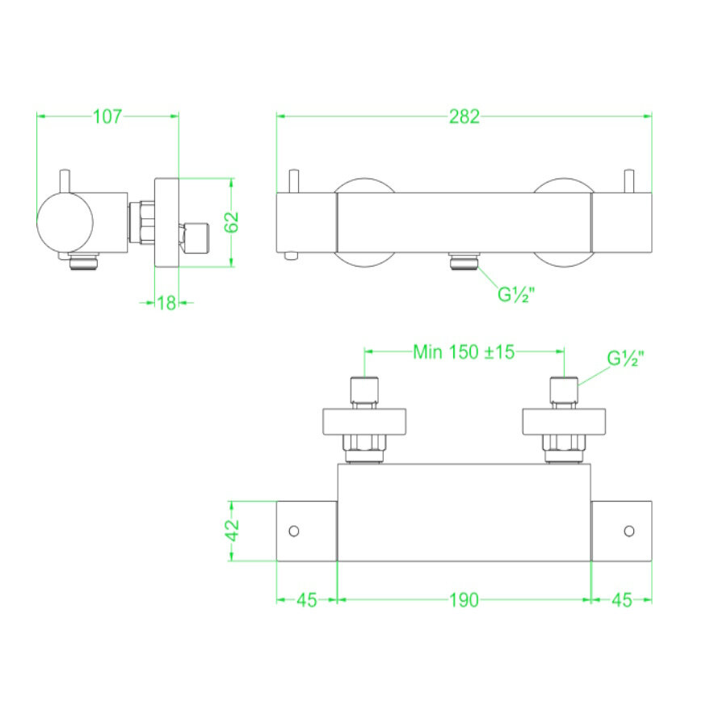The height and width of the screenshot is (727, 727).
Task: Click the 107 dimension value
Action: click(x=107, y=116)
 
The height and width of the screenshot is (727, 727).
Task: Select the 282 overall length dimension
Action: click(x=464, y=116)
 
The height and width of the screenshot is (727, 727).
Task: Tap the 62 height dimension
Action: click(x=232, y=221)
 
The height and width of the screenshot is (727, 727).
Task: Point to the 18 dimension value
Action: click(x=166, y=303)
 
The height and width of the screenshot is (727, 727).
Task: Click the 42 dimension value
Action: click(x=232, y=531)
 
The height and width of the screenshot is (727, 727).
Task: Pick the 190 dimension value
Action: click(x=464, y=600)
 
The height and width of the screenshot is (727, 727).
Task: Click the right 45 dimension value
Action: click(x=622, y=600)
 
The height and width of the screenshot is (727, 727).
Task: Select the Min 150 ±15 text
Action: click(x=464, y=352)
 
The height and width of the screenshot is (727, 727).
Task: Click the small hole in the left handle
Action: click(x=294, y=531)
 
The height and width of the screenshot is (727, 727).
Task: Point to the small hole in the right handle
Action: click(x=628, y=531)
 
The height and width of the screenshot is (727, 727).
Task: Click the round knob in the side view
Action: click(x=65, y=222)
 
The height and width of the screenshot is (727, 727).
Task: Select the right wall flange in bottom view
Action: click(x=563, y=422)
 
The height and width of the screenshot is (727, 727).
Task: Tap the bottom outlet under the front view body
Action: click(x=464, y=261)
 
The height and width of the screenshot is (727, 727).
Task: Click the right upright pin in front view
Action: click(x=631, y=181)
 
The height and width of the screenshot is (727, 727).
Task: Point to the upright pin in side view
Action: click(x=65, y=181)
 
